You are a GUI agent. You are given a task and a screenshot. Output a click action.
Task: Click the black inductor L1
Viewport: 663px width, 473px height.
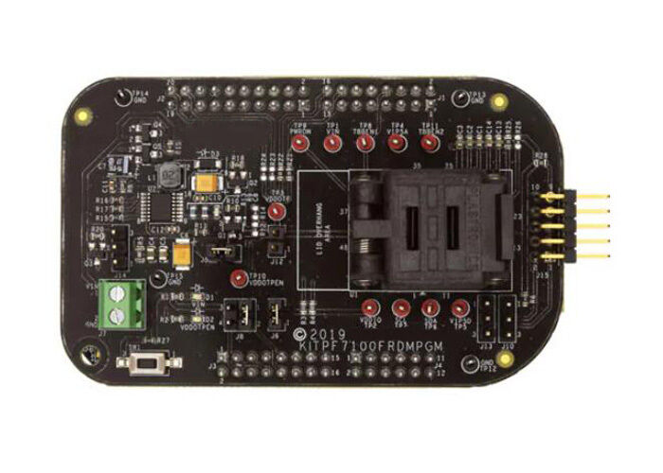click(170, 174)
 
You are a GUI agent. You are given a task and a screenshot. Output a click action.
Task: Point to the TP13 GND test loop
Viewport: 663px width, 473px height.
click(460, 97)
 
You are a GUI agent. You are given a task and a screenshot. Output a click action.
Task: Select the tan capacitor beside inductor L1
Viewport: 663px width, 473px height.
click(205, 184)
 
